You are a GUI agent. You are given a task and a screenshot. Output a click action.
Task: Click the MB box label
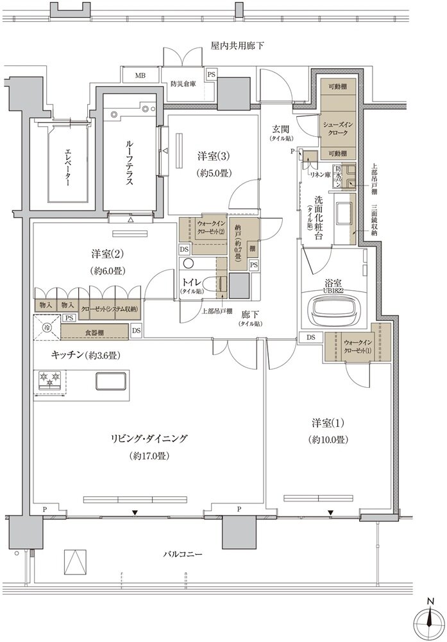140,75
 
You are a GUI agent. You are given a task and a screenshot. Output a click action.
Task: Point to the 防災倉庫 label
183,83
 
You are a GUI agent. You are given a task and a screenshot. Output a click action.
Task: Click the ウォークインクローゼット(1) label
357,347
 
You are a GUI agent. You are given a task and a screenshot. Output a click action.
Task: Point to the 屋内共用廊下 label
237,46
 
